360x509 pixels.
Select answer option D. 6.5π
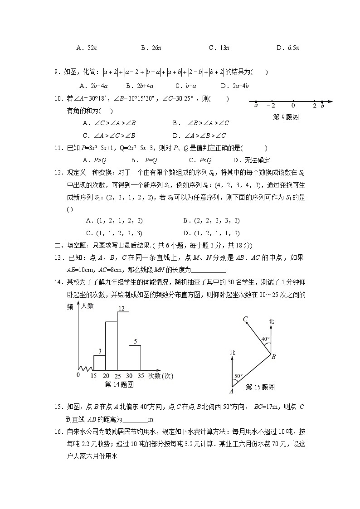(288, 47)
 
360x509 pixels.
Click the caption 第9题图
(287, 117)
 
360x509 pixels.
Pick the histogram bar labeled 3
(100, 362)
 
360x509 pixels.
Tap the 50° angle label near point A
(238, 376)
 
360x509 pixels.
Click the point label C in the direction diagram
(245, 320)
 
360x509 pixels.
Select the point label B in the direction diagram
(273, 357)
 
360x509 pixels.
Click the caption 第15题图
(260, 387)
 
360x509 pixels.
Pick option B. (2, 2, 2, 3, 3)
(211, 221)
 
